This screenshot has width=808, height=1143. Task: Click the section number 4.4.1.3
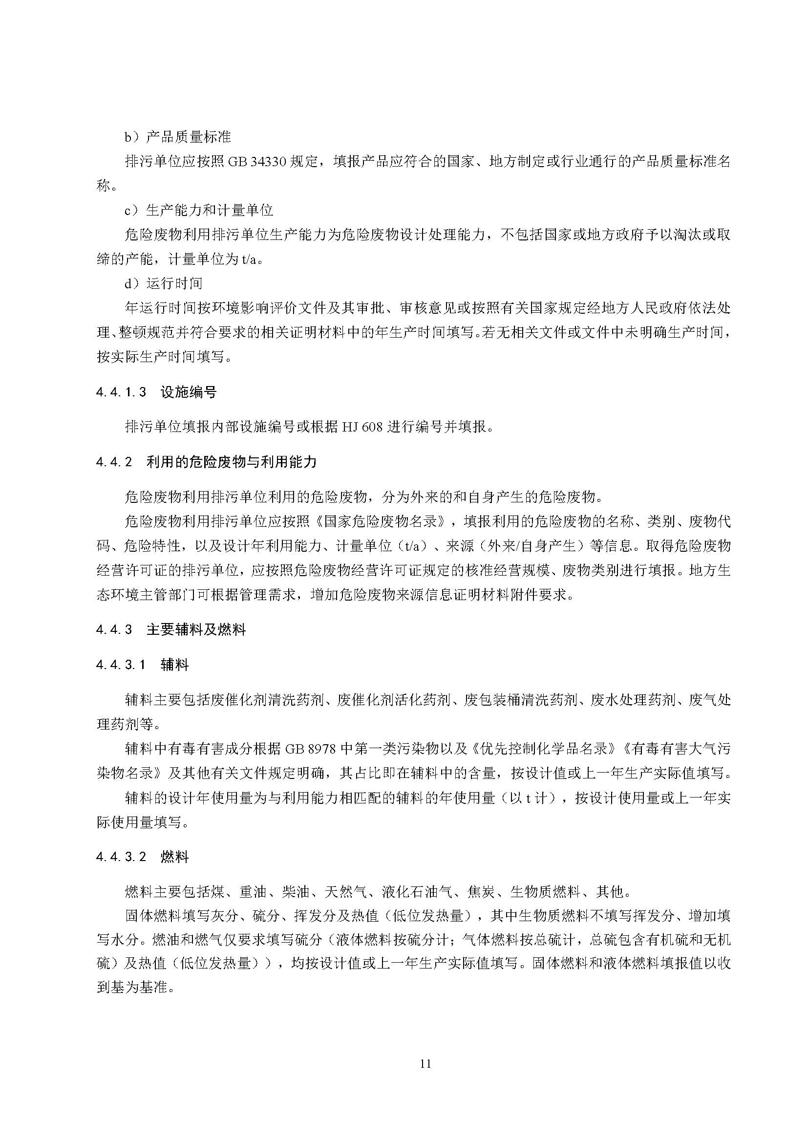tap(122, 392)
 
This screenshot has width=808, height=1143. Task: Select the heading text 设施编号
tap(189, 392)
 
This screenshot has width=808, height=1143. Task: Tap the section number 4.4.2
tap(114, 462)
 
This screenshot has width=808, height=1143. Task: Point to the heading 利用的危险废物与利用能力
tap(232, 462)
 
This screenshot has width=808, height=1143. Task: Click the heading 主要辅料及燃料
tap(196, 630)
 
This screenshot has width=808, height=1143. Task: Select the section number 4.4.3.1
tap(122, 665)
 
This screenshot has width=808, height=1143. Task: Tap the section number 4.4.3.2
tap(122, 857)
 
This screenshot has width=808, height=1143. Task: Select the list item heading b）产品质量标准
tap(178, 137)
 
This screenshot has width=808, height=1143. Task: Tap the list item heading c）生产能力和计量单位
tap(198, 211)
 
